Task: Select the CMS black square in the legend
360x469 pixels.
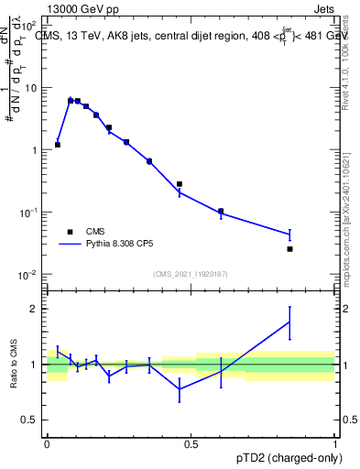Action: pyautogui.click(x=70, y=232)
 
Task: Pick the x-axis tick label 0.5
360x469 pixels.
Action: pyautogui.click(x=191, y=443)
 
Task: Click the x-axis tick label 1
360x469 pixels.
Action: pyautogui.click(x=334, y=443)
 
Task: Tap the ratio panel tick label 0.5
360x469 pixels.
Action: pyautogui.click(x=33, y=420)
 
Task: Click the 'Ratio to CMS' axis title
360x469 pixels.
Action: pyautogui.click(x=14, y=364)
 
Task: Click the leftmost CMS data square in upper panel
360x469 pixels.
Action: pyautogui.click(x=58, y=145)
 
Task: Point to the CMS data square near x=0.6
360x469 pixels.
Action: pyautogui.click(x=221, y=211)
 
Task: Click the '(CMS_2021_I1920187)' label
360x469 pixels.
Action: pyautogui.click(x=190, y=274)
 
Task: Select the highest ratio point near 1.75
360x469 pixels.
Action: pyautogui.click(x=289, y=322)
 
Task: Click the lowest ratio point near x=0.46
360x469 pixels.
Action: pyautogui.click(x=180, y=388)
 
